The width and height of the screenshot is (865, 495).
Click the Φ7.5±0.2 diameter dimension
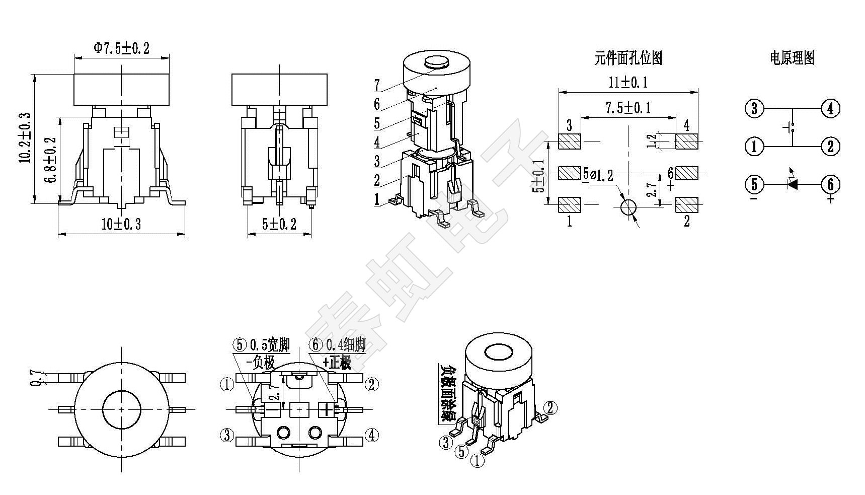(121, 48)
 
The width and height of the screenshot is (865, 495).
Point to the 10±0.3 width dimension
(121, 225)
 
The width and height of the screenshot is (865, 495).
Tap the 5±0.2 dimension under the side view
(279, 225)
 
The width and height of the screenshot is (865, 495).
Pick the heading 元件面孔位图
(628, 58)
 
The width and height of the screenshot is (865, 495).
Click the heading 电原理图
(792, 58)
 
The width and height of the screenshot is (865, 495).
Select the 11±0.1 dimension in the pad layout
(628, 82)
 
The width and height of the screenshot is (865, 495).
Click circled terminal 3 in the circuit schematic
(754, 108)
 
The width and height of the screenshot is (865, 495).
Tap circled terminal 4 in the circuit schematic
(830, 108)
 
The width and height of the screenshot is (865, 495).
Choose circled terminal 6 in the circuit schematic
(830, 184)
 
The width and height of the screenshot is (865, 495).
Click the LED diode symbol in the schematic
(793, 184)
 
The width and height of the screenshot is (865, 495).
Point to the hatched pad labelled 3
(570, 142)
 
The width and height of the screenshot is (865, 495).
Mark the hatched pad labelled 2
(686, 204)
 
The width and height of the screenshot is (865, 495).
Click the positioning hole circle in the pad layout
(628, 207)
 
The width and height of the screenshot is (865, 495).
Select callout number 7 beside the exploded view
(377, 86)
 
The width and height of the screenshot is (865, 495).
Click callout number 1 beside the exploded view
(377, 199)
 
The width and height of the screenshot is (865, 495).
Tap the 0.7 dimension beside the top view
(35, 378)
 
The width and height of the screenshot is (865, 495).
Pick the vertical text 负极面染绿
(446, 393)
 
